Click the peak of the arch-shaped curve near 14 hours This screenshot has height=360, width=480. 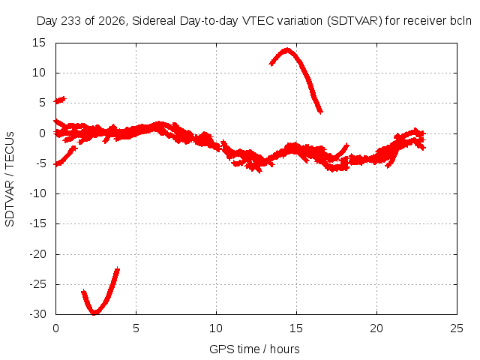(286, 50)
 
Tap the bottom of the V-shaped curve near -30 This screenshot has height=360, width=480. (94, 313)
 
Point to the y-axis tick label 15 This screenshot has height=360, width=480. (39, 43)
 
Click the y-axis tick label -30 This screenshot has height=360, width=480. (37, 314)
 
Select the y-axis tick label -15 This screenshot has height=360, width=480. (37, 223)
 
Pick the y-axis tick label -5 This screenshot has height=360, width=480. (40, 163)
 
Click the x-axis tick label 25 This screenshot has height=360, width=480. (457, 328)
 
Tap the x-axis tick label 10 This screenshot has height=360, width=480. (216, 328)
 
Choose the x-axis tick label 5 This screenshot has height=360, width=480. (136, 328)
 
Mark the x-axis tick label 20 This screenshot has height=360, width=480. (376, 328)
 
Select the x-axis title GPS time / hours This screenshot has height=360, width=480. (254, 349)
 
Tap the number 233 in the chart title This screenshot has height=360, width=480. (71, 21)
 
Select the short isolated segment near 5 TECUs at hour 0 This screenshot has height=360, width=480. (60, 100)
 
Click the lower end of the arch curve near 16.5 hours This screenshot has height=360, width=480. (320, 112)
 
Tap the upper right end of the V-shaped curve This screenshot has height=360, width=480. (118, 269)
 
